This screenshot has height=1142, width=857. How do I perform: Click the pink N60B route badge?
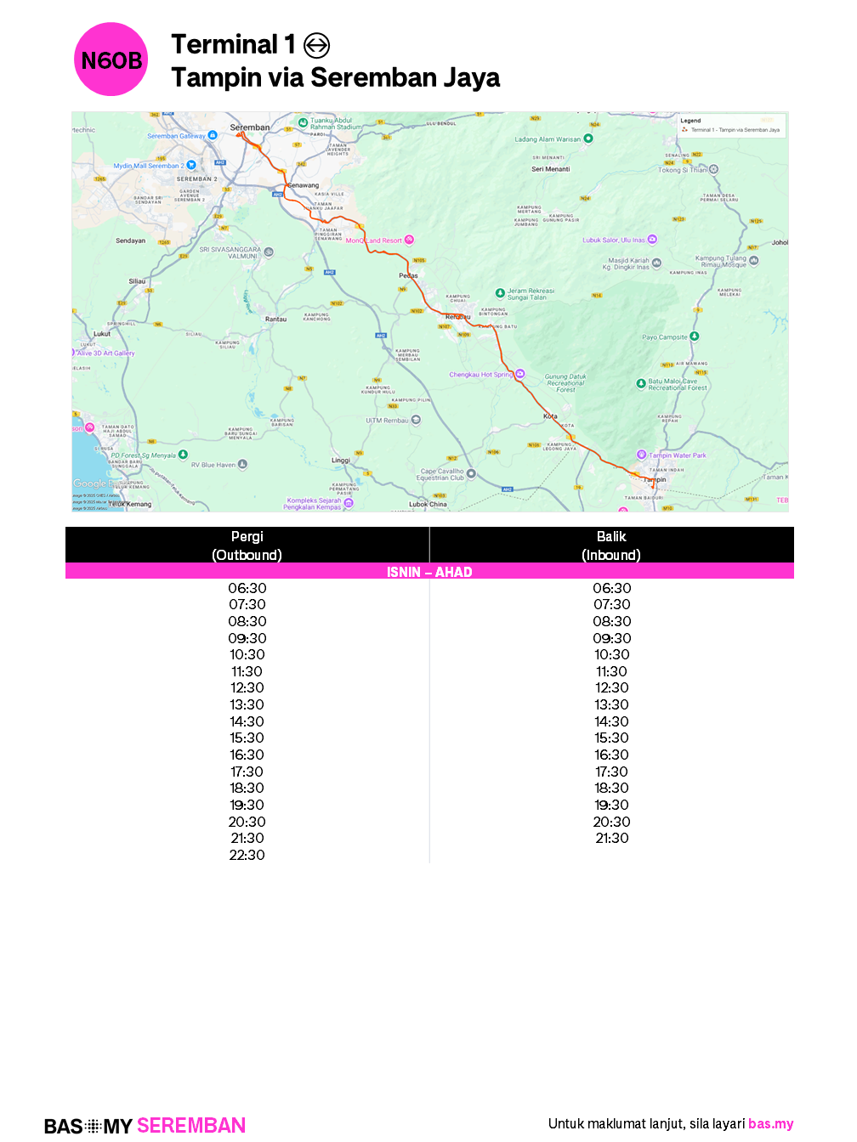click(111, 59)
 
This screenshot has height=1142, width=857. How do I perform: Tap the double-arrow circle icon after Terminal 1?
click(316, 45)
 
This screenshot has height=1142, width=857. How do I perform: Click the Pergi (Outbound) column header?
click(247, 546)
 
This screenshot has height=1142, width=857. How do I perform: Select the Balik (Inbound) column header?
click(611, 546)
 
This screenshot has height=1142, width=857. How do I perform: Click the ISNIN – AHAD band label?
click(429, 572)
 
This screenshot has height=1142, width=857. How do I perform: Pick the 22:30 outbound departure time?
click(247, 855)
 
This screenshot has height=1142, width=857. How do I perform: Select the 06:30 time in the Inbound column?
click(611, 588)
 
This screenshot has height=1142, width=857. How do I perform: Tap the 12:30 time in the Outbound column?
click(247, 687)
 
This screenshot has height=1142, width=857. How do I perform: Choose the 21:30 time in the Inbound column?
click(611, 838)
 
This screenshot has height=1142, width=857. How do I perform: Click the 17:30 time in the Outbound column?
click(247, 772)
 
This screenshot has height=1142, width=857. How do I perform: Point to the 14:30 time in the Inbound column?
click(611, 721)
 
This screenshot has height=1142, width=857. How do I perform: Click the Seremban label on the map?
click(250, 127)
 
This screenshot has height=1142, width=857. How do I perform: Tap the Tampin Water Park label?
click(678, 455)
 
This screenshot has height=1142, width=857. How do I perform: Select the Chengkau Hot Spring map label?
click(481, 375)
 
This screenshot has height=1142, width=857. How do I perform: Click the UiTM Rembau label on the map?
click(387, 421)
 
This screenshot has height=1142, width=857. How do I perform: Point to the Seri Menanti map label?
click(551, 169)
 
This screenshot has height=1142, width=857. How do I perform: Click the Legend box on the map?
click(732, 126)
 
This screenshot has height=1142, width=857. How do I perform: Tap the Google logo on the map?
click(90, 483)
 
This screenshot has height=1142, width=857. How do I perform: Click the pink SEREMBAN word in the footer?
click(191, 1126)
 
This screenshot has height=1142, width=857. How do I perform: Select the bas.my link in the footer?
click(771, 1123)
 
